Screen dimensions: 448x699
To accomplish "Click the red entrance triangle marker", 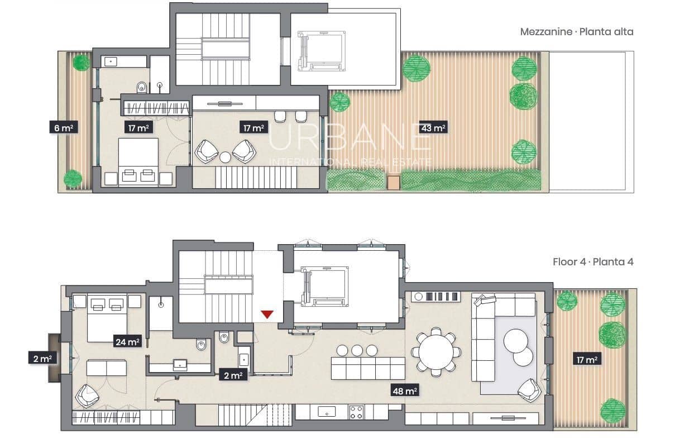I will tap(267, 314).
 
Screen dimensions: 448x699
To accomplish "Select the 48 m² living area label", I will tap(405, 391).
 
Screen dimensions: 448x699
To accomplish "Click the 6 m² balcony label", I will tap(63, 128).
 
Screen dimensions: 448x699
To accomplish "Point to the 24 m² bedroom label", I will tap(127, 342).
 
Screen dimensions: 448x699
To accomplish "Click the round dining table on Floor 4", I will tap(436, 352).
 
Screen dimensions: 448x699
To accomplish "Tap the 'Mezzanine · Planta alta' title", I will tap(577, 32).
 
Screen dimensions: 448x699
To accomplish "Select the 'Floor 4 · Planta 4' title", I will tap(593, 261).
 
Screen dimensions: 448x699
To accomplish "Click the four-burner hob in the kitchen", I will tap(357, 412).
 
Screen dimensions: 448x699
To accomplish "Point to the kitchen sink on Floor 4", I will tap(325, 412).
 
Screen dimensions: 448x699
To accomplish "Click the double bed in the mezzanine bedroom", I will tap(139, 162).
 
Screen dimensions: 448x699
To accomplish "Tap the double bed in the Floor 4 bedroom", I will tap(108, 317).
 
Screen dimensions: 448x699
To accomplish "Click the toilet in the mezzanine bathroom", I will tap(141, 87).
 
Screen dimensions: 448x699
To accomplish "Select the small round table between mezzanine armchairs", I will tap(225, 158).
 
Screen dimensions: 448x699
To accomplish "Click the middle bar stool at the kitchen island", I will tap(357, 350).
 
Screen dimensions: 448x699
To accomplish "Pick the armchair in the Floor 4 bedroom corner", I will tap(87, 395).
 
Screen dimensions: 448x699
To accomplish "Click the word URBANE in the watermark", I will tap(349, 137).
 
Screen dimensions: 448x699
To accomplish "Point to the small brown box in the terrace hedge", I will tap(394, 182).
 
